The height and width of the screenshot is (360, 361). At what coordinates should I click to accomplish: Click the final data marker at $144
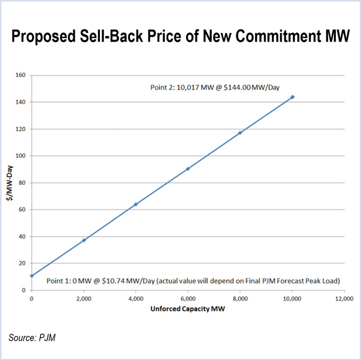pos(292,97)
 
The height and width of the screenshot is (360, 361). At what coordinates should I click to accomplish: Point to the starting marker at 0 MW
pos(31,276)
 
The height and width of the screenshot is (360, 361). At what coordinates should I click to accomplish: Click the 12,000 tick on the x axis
pos(344,298)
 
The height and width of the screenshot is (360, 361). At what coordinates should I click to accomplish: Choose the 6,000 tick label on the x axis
pos(188,298)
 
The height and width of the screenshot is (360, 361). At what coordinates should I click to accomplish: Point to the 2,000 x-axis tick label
pos(84,298)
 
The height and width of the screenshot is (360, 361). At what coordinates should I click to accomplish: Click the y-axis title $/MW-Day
pos(10,183)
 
